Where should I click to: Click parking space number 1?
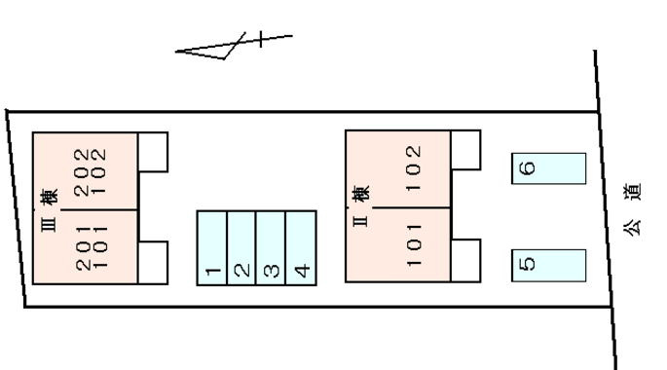point(212,248)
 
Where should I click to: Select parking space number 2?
point(241,248)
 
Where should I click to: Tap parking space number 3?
point(271,248)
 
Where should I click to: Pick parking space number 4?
point(301,248)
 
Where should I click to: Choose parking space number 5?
point(549,266)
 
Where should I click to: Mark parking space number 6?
point(549,168)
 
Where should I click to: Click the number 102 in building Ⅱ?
point(414,168)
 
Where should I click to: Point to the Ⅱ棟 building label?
point(360,206)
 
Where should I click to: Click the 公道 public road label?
point(632,208)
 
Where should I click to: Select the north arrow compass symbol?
point(234,44)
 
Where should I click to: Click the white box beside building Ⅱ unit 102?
point(465,150)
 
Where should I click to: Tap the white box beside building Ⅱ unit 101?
point(465,261)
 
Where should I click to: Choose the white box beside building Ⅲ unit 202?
point(153,152)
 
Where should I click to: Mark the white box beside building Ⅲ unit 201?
point(153,263)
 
